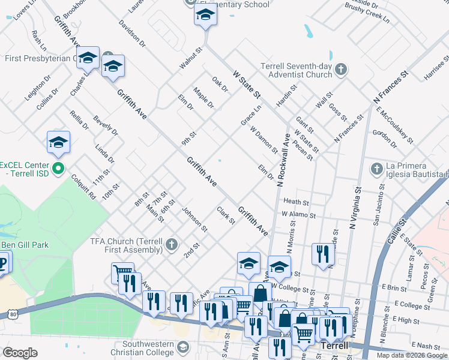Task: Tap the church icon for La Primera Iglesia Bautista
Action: [x=376, y=168]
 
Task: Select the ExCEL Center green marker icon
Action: [x=58, y=168]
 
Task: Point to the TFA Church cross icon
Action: [x=172, y=244]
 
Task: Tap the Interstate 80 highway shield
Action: [x=14, y=313]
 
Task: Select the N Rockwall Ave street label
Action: [x=283, y=161]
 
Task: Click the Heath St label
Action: [x=296, y=203]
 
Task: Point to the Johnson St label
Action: [x=194, y=220]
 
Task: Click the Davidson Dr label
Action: [x=133, y=33]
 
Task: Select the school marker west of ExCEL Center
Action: [x=58, y=142]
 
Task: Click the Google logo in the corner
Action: [x=20, y=352]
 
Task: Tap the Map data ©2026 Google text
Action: [x=411, y=355]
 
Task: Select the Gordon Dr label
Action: [x=385, y=139]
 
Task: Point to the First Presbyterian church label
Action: [x=39, y=58]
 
